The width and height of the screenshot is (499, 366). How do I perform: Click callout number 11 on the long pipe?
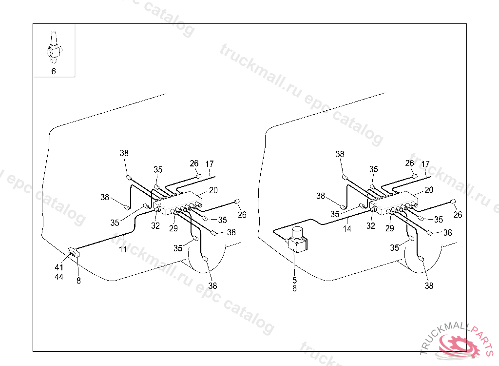click(123, 249)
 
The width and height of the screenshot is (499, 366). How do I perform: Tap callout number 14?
click(347, 228)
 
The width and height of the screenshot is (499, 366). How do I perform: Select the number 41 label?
click(59, 267)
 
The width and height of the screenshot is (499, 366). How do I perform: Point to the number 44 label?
click(59, 277)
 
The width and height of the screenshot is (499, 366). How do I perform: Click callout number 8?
click(79, 281)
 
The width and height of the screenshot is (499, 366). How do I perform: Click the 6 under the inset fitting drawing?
click(54, 71)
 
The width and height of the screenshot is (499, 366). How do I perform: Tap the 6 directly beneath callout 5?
click(294, 288)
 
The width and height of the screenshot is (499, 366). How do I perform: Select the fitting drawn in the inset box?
click(54, 48)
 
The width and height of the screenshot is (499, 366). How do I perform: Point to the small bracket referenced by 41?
click(74, 252)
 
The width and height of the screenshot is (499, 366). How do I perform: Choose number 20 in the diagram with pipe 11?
click(213, 190)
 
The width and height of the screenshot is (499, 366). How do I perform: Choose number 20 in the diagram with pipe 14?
click(429, 190)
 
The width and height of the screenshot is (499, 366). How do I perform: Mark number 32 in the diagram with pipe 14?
click(371, 226)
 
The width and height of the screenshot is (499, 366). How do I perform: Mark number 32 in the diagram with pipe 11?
click(155, 226)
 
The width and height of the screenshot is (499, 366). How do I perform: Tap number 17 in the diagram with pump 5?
click(425, 164)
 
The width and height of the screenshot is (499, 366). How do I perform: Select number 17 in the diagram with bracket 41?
click(210, 164)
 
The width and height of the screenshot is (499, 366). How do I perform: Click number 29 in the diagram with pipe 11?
click(173, 228)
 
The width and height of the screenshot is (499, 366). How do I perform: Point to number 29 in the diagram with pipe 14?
click(389, 228)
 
